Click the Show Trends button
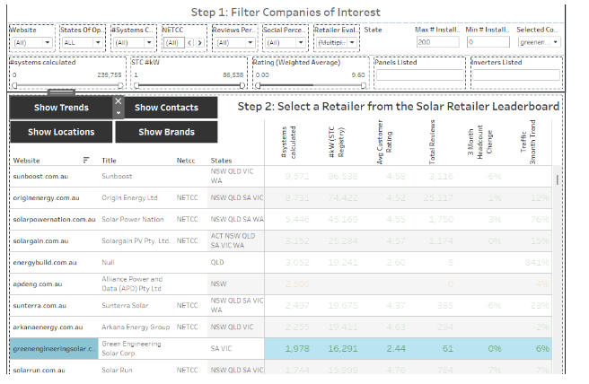tap(61, 108)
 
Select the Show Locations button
tap(61, 132)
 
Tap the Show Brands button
tap(167, 132)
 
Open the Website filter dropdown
tap(30, 42)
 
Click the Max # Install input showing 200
tap(437, 42)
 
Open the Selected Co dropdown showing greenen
tap(540, 42)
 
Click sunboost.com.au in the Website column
tap(39, 176)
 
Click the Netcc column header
tap(186, 160)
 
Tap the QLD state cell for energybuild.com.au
tap(217, 262)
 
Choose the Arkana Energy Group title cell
tap(136, 327)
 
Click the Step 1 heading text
tap(286, 13)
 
